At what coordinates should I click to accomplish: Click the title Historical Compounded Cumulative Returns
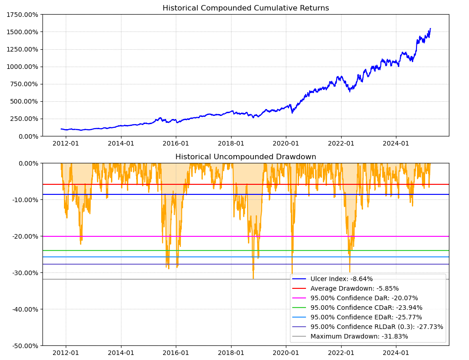245,8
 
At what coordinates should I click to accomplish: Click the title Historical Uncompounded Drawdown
245,157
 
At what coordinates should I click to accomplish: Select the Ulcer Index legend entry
341,279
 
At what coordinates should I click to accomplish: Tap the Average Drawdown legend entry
354,288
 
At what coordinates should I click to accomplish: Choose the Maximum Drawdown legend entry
359,336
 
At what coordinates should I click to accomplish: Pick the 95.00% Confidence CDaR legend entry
366,308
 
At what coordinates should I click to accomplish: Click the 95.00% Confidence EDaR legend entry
366,317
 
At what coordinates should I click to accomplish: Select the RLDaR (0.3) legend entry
376,327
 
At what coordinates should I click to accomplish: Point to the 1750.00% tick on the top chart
22,15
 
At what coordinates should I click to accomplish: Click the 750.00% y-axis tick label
24,84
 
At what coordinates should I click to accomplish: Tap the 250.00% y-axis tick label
24,119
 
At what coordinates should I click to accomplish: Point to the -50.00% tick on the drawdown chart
23,346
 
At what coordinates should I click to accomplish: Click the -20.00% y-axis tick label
23,236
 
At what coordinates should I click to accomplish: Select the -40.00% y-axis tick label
23,309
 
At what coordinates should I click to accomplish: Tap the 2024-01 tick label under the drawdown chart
396,353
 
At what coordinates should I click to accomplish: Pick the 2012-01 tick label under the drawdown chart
66,353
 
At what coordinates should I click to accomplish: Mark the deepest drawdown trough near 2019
253,278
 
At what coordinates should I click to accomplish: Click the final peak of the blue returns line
430,29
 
